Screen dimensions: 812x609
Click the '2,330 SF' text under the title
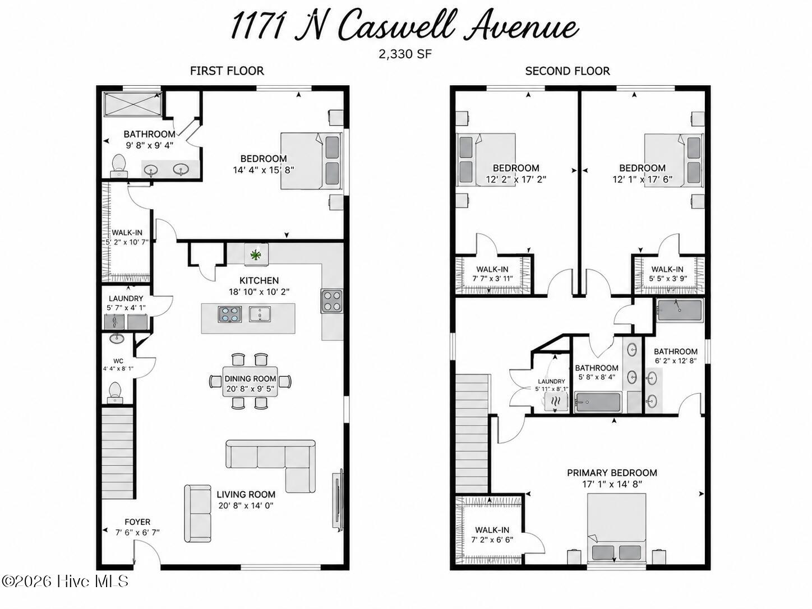[405, 54]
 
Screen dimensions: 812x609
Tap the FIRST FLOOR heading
[227, 71]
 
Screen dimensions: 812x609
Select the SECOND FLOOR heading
[567, 71]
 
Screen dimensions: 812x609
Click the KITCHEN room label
[259, 280]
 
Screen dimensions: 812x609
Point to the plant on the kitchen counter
[255, 255]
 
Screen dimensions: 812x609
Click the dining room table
[250, 381]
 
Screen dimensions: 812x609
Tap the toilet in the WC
[115, 393]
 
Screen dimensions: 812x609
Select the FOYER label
[137, 522]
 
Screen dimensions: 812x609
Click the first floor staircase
[117, 452]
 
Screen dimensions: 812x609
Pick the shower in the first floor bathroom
[133, 105]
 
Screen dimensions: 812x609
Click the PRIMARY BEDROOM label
[612, 473]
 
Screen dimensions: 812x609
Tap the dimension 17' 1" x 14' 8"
[612, 484]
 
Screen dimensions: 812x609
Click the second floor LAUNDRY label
[551, 381]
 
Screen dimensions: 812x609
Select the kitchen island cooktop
[230, 314]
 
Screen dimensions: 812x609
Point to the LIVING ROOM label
[246, 495]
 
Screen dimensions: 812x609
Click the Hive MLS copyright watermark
[64, 581]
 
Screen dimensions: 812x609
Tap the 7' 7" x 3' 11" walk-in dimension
[492, 279]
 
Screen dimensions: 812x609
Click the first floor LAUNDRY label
[126, 298]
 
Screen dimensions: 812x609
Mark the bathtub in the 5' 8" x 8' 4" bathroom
[597, 402]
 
